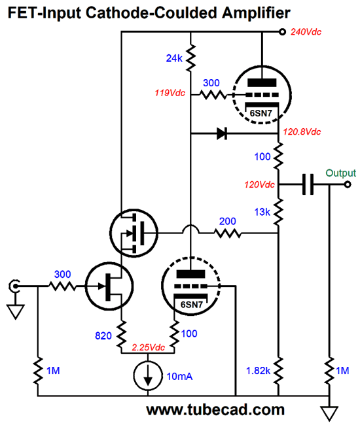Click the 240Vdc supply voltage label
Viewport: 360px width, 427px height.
tap(306, 32)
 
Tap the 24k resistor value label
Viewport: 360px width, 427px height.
tap(174, 58)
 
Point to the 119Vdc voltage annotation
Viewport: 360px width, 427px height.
tap(170, 93)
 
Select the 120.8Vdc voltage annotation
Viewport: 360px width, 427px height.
tap(302, 132)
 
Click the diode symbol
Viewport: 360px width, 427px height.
tap(222, 133)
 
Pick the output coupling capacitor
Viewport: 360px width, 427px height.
tap(308, 184)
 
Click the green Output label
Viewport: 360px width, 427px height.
tap(340, 173)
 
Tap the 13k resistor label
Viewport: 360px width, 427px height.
tap(262, 212)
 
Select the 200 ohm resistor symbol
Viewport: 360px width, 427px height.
tap(228, 233)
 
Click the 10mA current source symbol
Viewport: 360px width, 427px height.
tap(148, 375)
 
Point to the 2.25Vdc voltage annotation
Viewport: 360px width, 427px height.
tap(148, 347)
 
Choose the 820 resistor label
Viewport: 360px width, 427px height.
tap(103, 335)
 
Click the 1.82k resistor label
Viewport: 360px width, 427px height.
tap(258, 371)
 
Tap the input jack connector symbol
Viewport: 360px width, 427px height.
tap(14, 286)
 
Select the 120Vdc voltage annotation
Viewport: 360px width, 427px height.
tap(259, 184)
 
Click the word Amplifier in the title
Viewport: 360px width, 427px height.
tap(256, 13)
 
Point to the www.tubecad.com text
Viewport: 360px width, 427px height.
tap(215, 409)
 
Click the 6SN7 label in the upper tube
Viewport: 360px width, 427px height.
tap(261, 113)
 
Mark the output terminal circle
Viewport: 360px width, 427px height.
tap(348, 184)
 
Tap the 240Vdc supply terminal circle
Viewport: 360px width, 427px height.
tap(282, 32)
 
